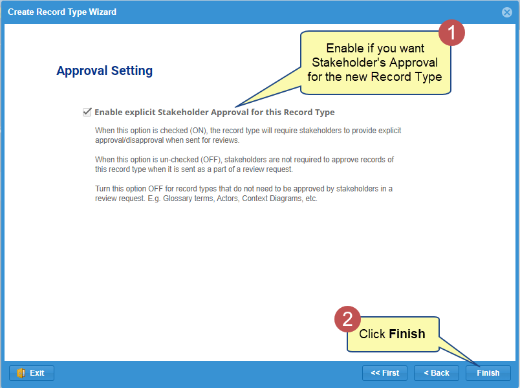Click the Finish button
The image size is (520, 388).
[x=488, y=373]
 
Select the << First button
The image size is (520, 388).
[x=385, y=373]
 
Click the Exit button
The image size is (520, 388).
[x=32, y=373]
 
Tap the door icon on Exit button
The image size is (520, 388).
[x=21, y=373]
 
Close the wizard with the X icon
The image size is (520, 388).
[x=506, y=12]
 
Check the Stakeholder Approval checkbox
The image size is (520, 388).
[x=87, y=112]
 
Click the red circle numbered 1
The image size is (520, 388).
[x=451, y=33]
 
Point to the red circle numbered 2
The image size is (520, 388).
[x=347, y=319]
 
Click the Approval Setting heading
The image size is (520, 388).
[x=105, y=71]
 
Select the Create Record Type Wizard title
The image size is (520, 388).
[x=62, y=12]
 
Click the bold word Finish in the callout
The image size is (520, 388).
[x=407, y=334]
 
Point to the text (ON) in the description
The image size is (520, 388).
[x=199, y=131]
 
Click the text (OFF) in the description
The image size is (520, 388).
[x=211, y=160]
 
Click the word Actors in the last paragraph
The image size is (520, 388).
[x=228, y=199]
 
